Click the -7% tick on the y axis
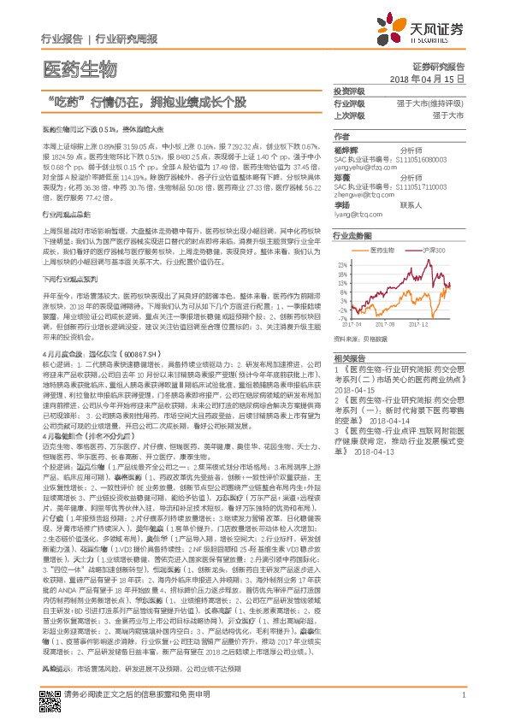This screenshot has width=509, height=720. (346, 317)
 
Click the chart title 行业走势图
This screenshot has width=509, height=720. (352, 234)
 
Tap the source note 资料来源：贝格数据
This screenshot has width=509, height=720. (364, 339)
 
